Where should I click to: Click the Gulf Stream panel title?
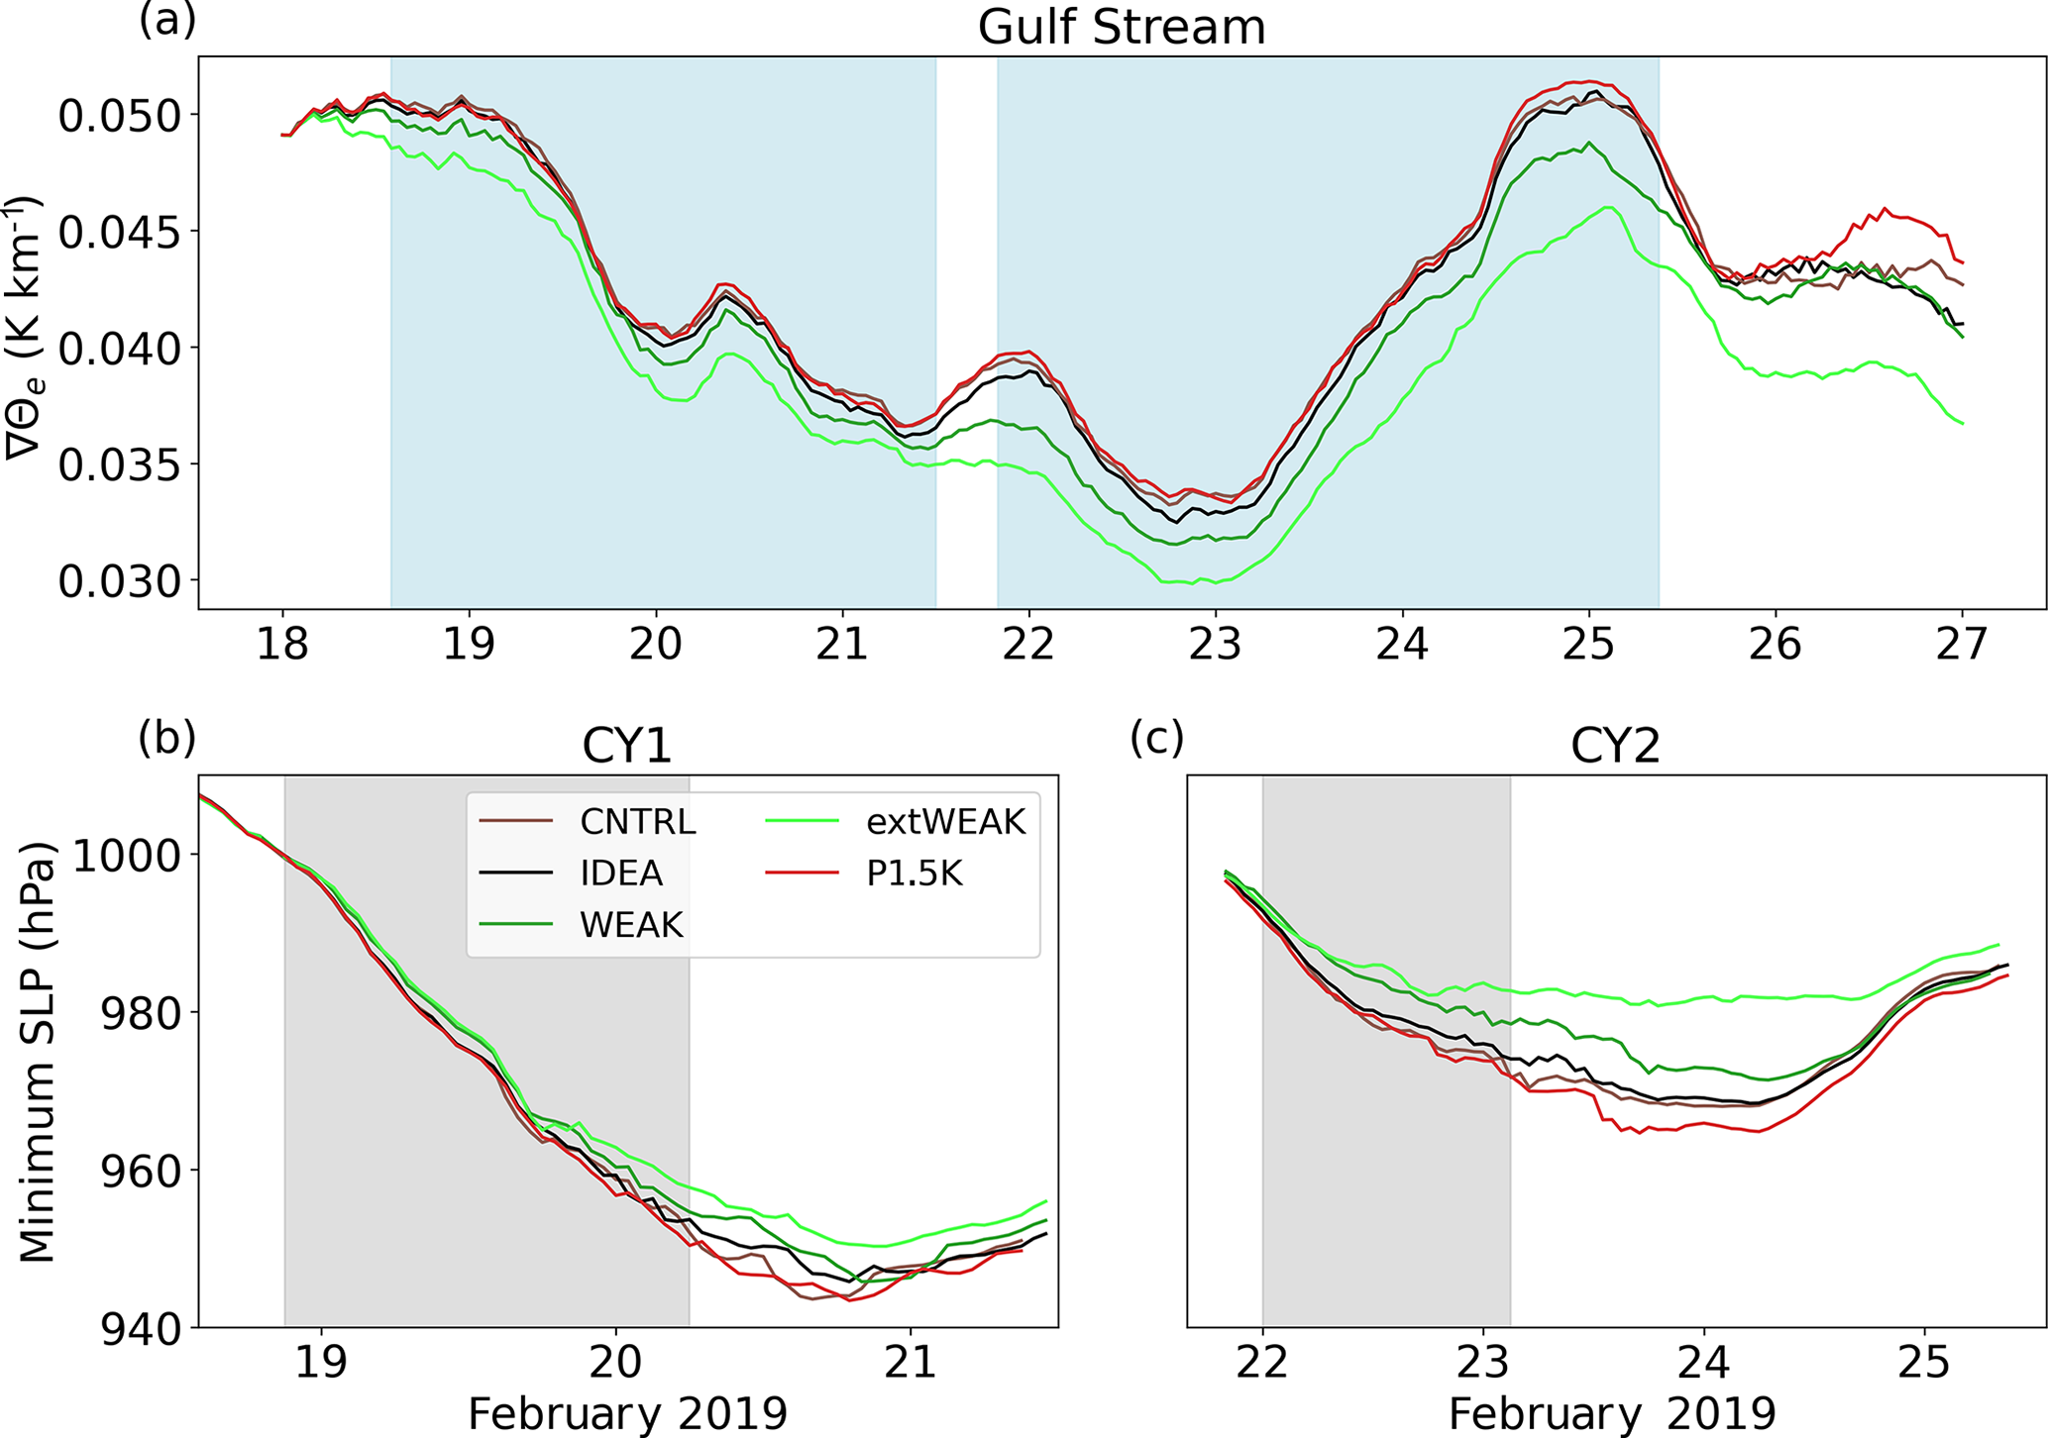(1121, 27)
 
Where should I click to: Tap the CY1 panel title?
(627, 746)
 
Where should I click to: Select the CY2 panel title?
(1615, 746)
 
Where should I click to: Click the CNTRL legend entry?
(637, 821)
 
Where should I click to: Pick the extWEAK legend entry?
(945, 821)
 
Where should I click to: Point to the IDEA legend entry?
(621, 873)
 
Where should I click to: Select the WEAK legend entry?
(631, 925)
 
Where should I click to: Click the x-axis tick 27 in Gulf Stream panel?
(1961, 644)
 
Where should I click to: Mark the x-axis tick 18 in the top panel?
(282, 644)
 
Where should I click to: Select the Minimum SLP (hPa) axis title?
(38, 1052)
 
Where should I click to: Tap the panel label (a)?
(167, 20)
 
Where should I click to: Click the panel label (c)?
(1156, 738)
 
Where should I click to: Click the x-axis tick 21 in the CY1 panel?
(910, 1364)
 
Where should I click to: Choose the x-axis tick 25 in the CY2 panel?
(1924, 1364)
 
